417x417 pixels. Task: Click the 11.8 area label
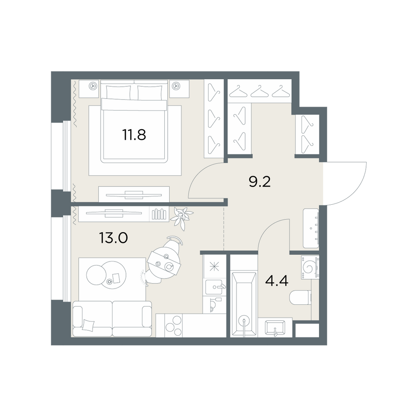(x=134, y=135)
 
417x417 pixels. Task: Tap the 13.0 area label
(x=113, y=238)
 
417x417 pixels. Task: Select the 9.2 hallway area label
(x=259, y=182)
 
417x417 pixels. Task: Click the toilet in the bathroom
(x=300, y=298)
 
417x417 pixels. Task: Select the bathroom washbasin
(x=275, y=328)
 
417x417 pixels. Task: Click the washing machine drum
(x=310, y=268)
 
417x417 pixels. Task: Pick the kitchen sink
(x=214, y=287)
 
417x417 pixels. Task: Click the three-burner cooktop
(x=173, y=326)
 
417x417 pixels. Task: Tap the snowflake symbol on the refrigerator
(x=214, y=266)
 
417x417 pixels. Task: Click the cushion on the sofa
(x=88, y=325)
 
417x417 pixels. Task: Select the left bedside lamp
(x=93, y=86)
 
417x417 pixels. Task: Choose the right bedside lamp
(x=176, y=86)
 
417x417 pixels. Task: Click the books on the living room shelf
(x=158, y=214)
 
